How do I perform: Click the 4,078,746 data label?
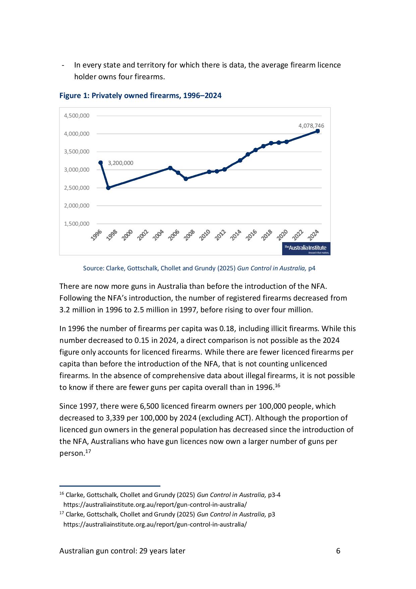[311, 126]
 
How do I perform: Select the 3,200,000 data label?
[120, 163]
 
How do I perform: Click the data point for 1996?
[100, 163]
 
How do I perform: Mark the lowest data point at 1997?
[108, 188]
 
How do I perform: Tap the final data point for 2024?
[317, 131]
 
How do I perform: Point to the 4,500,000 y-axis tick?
[77, 116]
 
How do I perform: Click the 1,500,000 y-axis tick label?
[77, 224]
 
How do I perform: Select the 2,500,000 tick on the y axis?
[77, 188]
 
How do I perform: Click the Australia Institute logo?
[307, 248]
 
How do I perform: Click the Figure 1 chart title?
[140, 96]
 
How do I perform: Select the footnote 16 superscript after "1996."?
[277, 385]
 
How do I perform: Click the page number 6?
[338, 551]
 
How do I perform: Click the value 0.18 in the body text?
[227, 328]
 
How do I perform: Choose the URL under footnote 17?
[155, 524]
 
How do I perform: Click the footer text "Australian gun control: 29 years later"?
[122, 551]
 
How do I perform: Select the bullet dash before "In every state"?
[63, 65]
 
